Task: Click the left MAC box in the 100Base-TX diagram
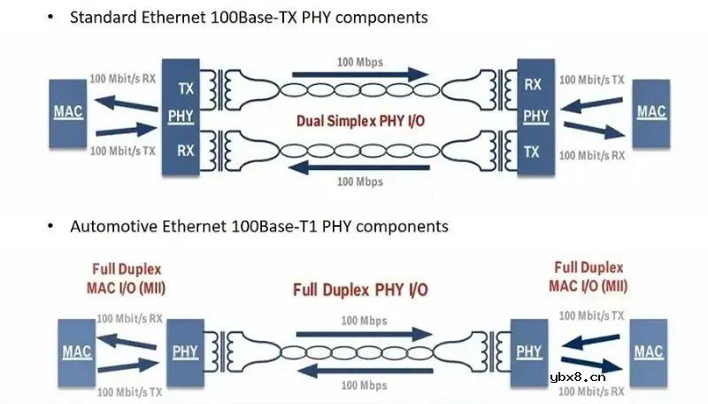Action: pos(68,113)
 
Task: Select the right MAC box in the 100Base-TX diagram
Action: pos(651,113)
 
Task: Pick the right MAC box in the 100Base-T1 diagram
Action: pos(648,351)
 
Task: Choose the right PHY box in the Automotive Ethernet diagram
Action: pos(529,351)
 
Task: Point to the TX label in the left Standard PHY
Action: pos(186,89)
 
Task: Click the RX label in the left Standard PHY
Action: pos(186,151)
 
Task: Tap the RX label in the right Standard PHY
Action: pos(533,86)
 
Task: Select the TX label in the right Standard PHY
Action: pos(532,151)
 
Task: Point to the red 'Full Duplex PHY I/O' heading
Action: pos(360,290)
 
